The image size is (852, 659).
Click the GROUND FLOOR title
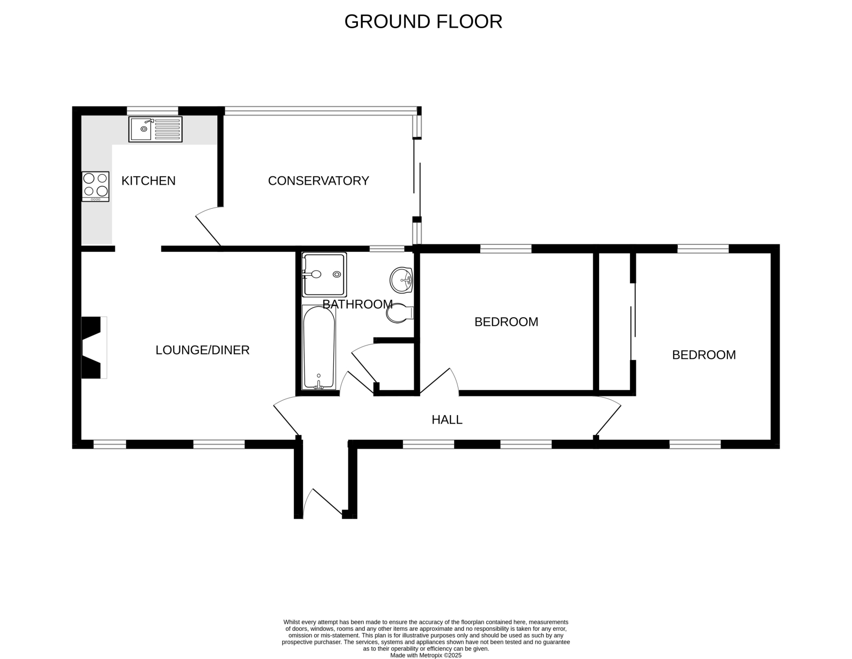tap(423, 21)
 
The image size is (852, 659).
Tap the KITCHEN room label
tap(148, 180)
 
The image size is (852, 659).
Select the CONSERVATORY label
tap(318, 180)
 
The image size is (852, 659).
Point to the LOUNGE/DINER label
tap(202, 350)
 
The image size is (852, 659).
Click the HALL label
tap(447, 419)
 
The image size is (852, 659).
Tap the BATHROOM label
tap(357, 304)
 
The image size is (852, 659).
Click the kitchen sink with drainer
tap(155, 129)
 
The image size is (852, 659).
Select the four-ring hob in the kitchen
tap(95, 186)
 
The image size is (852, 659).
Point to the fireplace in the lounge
tap(94, 348)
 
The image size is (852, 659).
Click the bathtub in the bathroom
tap(319, 347)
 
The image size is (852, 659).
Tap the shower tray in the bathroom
tap(324, 274)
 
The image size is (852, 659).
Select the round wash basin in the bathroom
tap(401, 280)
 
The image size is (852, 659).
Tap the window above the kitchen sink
tap(152, 111)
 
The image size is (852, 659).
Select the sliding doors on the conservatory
tap(417, 178)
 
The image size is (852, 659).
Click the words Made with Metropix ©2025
tap(425, 655)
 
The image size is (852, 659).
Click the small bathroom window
tap(387, 249)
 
